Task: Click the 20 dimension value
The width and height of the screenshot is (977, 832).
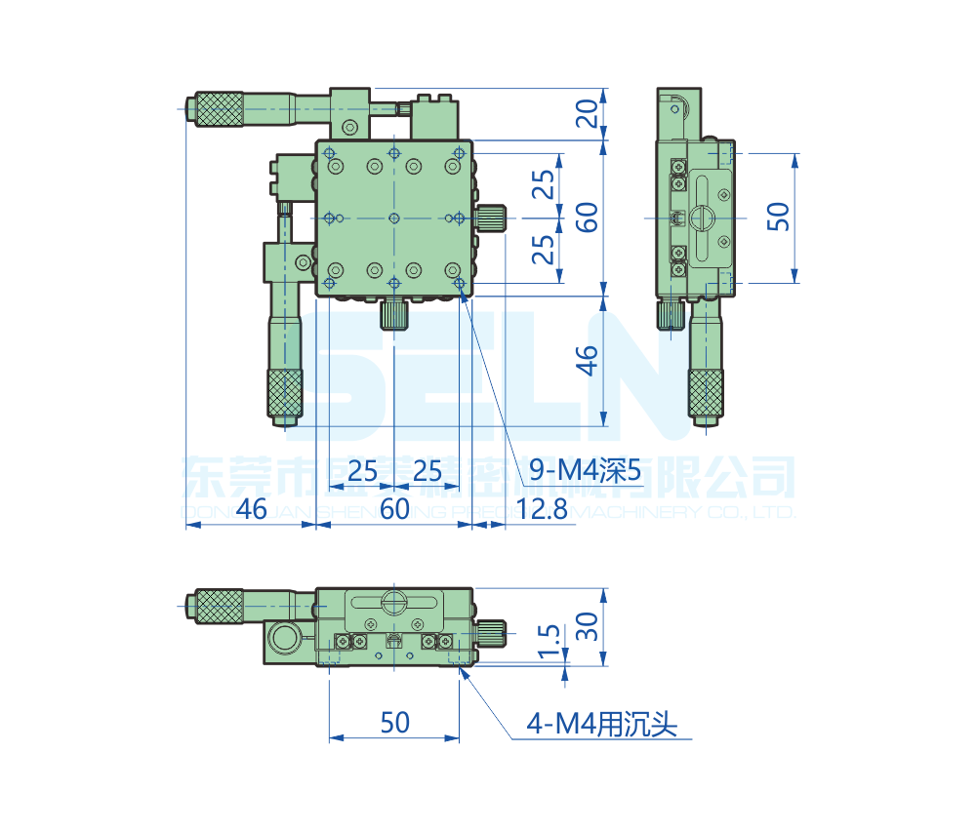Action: (587, 115)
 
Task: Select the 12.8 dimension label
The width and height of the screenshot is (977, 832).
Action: (543, 508)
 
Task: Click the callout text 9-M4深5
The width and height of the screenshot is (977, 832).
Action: (585, 472)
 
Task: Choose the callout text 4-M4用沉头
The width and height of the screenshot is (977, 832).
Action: (601, 724)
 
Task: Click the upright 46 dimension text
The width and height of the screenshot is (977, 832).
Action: (251, 508)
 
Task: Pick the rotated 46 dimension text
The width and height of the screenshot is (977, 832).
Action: (587, 360)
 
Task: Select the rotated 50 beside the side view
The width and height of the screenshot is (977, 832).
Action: (778, 217)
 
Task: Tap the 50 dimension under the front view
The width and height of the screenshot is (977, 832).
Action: (394, 723)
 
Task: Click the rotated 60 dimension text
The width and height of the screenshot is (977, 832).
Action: (587, 217)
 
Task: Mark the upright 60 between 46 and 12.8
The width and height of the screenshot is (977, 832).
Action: (394, 508)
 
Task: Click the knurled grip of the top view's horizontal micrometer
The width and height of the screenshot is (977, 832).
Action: (219, 108)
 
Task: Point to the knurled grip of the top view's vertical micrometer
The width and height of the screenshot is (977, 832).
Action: (285, 393)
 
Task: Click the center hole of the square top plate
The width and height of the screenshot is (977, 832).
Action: (394, 217)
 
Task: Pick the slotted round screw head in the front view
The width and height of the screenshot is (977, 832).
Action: (394, 602)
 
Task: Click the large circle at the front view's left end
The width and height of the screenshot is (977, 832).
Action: (287, 640)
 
